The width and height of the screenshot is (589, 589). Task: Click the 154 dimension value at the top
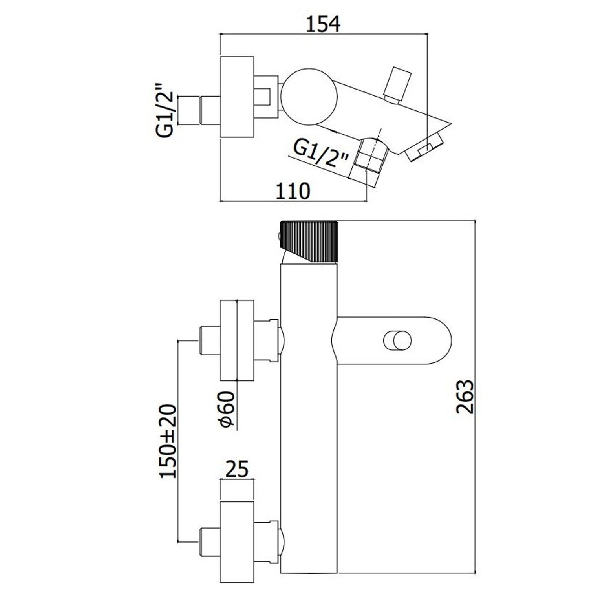click(323, 24)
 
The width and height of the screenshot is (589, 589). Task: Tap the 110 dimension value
click(293, 191)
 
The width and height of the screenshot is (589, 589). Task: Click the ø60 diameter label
click(227, 409)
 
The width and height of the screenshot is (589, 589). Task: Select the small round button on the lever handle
click(397, 340)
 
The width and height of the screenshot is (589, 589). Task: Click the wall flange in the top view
click(237, 97)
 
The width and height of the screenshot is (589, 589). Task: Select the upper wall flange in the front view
click(237, 340)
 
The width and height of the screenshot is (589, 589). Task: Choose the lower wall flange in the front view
click(237, 542)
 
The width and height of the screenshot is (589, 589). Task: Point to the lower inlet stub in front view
click(209, 542)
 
